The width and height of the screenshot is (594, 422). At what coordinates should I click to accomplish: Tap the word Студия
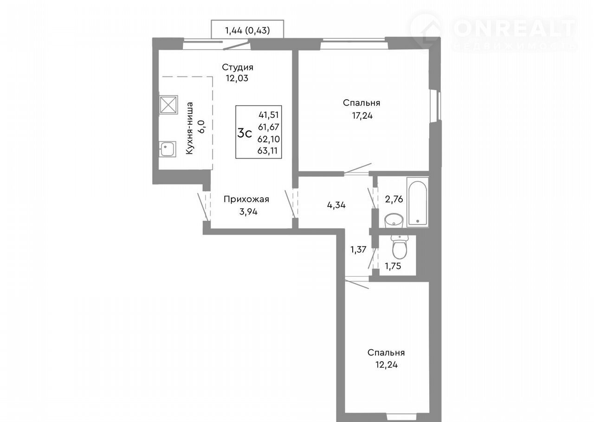[237, 68]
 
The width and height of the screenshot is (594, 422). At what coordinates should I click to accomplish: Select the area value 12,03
[237, 78]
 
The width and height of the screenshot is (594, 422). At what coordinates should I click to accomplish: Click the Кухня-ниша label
[189, 128]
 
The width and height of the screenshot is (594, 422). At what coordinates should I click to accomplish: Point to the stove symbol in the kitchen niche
[168, 105]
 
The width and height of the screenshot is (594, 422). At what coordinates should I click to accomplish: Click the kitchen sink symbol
[168, 149]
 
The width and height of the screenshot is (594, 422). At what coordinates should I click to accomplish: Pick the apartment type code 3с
[245, 133]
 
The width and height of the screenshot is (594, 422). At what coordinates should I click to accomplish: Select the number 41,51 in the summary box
[269, 115]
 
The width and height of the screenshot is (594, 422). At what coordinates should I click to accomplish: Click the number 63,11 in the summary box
[268, 151]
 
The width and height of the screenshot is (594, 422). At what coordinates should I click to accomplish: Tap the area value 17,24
[362, 116]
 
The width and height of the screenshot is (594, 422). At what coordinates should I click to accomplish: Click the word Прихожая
[246, 199]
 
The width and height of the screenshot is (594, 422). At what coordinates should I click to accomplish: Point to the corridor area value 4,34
[336, 205]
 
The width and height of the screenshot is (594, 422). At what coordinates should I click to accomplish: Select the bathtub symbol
[418, 203]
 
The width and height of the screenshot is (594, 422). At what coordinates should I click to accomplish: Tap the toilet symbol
[400, 247]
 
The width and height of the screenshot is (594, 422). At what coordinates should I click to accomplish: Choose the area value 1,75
[393, 266]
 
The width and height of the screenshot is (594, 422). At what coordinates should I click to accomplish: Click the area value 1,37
[358, 249]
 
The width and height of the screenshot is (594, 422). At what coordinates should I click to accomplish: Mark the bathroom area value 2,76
[394, 199]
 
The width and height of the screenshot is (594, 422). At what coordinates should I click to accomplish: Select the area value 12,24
[387, 365]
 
